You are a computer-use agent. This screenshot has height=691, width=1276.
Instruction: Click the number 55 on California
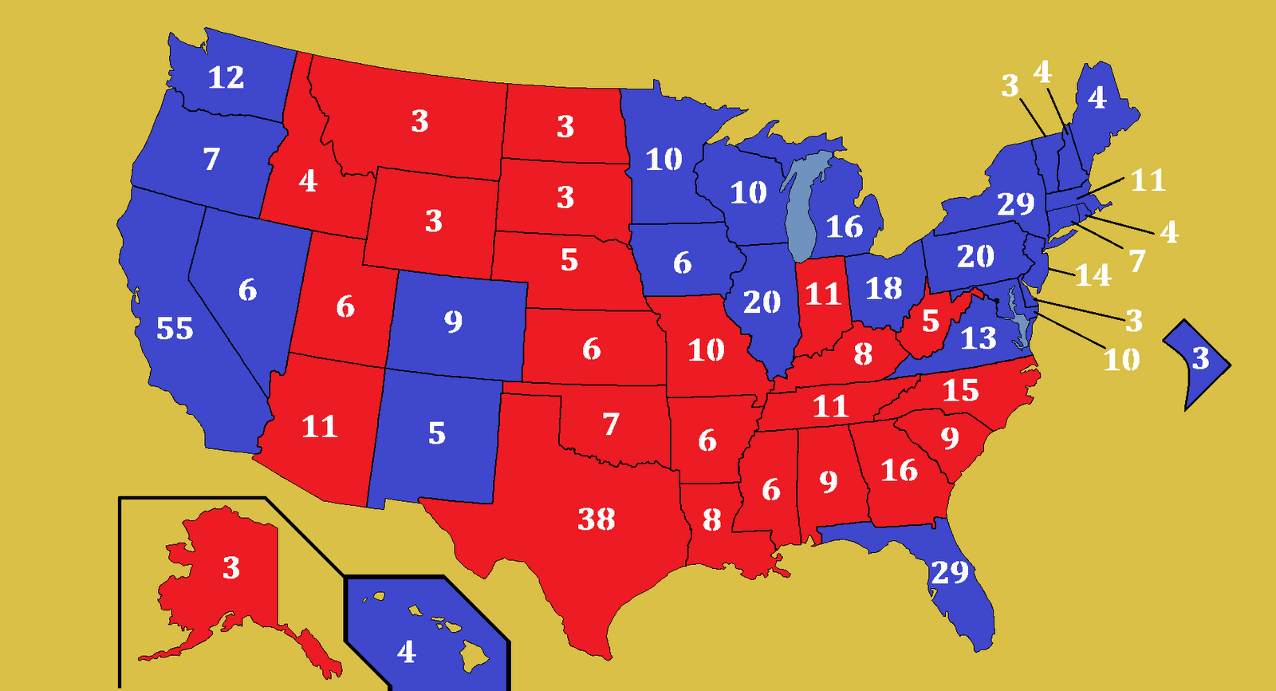click(174, 329)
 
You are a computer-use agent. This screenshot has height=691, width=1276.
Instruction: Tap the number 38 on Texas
click(597, 519)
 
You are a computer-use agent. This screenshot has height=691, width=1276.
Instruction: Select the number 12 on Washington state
click(226, 77)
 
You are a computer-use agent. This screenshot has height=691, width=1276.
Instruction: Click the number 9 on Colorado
click(453, 321)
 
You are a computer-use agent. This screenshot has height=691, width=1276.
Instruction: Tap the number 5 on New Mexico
click(436, 433)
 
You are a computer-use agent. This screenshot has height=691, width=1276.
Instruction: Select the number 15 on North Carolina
click(960, 390)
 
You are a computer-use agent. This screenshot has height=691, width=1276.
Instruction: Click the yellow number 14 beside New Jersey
click(1093, 275)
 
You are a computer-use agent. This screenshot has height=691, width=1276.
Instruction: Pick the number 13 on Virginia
click(978, 338)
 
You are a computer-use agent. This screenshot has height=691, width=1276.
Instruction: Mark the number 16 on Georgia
click(899, 470)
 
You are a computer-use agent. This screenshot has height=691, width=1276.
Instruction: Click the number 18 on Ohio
click(884, 288)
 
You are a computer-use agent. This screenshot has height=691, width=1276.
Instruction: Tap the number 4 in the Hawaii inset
click(406, 652)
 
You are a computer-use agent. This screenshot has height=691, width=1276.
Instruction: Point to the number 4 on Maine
click(1097, 97)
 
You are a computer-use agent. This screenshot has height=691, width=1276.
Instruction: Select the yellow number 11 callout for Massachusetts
click(1148, 180)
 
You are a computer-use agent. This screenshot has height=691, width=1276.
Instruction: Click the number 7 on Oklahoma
click(611, 424)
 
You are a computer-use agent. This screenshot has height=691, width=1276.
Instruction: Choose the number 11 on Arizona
click(320, 427)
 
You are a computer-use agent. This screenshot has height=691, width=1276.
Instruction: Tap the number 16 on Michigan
click(844, 227)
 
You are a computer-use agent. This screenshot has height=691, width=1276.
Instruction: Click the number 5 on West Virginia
click(930, 321)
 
